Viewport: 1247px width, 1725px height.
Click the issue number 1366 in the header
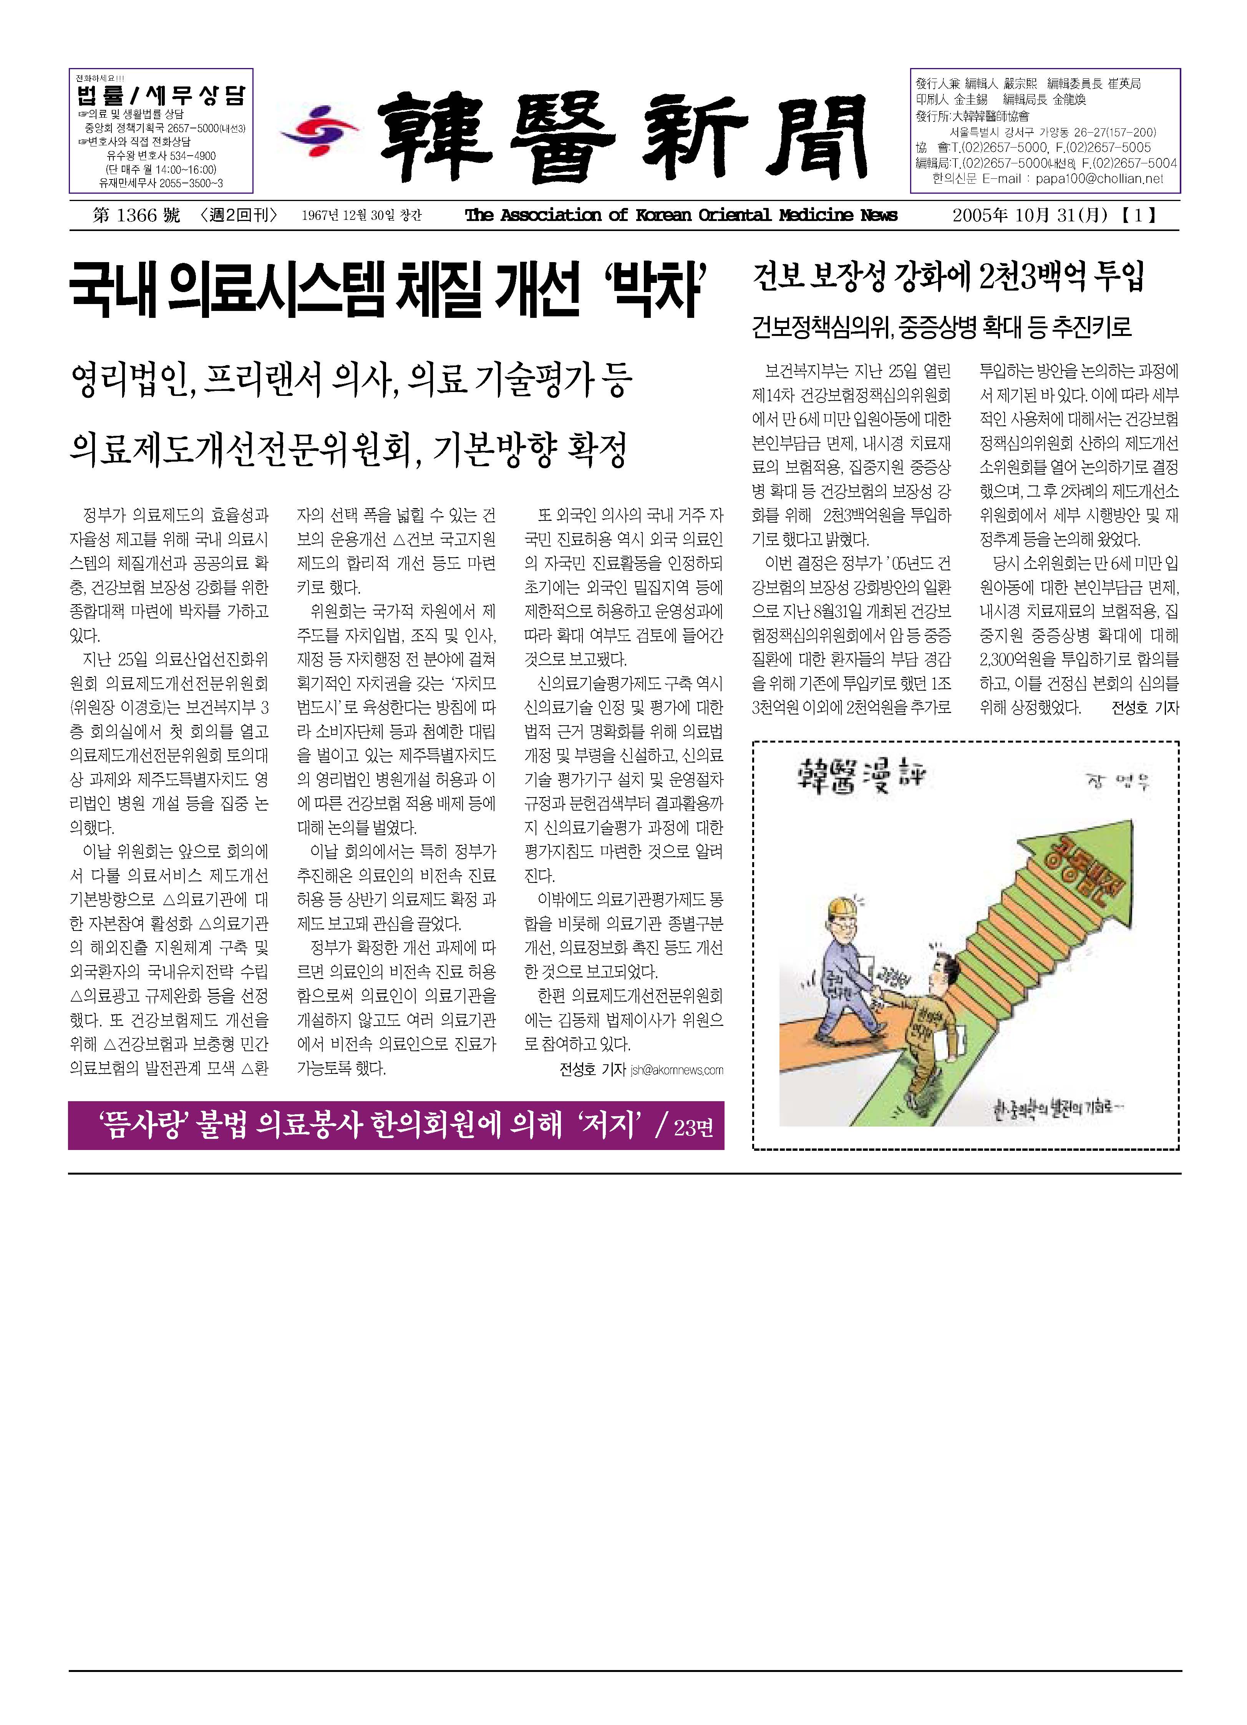point(137,216)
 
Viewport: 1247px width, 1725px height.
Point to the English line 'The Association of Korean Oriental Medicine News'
point(680,216)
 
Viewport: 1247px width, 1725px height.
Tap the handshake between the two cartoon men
point(882,994)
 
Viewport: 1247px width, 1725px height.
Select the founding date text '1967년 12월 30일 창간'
point(361,216)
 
